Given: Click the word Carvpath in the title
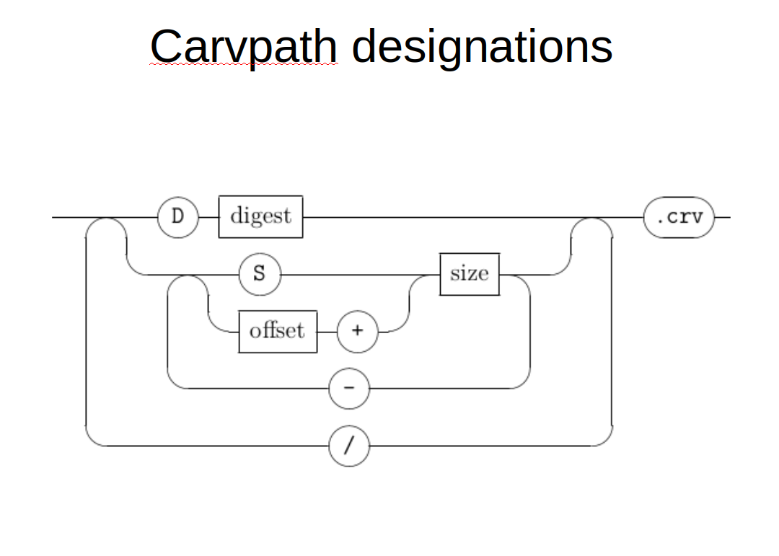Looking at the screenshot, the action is (244, 48).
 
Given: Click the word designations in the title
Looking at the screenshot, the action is (482, 47).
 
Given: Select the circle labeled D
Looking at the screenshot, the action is (178, 217).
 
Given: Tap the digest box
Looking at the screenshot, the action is (261, 216).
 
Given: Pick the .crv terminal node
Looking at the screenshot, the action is (679, 217).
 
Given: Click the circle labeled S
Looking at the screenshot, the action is (260, 274).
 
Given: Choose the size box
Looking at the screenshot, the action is (470, 274).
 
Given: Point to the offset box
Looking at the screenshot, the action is (278, 332).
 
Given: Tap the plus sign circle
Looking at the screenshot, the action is (357, 332).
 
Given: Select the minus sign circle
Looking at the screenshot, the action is (349, 388).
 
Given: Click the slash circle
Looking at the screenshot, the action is (349, 446).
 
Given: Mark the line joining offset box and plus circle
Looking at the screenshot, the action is (327, 332).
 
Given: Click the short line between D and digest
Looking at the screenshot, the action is (208, 217).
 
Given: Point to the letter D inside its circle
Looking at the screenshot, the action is (177, 216).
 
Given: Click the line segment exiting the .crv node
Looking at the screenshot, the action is (722, 217).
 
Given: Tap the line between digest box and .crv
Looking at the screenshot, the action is (473, 217).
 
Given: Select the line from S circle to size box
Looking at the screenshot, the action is (360, 274).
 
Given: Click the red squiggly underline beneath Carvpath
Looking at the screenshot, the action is (244, 64).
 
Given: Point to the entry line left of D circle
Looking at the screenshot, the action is (105, 217).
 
